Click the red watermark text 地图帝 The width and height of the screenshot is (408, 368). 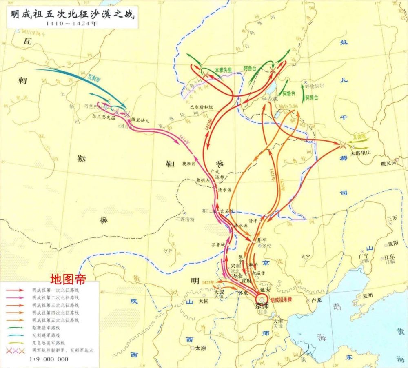coord(68,280)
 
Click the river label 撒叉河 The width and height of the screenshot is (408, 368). coord(388,163)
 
